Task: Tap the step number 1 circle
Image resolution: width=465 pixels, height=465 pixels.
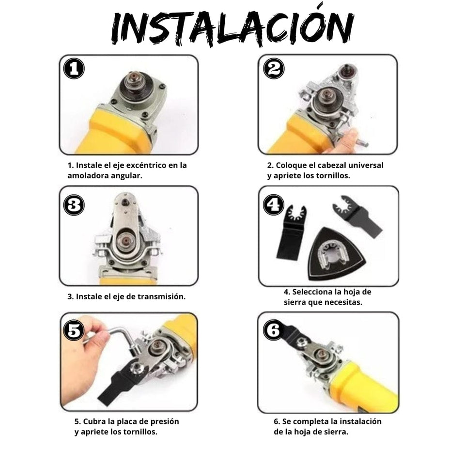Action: [x=74, y=68]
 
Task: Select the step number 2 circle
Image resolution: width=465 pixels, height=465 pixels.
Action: [x=274, y=68]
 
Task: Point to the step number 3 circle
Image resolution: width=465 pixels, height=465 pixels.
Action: [x=74, y=205]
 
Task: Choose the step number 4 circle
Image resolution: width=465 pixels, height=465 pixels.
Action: [x=273, y=204]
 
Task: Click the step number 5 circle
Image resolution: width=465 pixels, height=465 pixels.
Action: [x=74, y=330]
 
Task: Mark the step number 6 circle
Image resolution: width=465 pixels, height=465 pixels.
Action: [x=273, y=330]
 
